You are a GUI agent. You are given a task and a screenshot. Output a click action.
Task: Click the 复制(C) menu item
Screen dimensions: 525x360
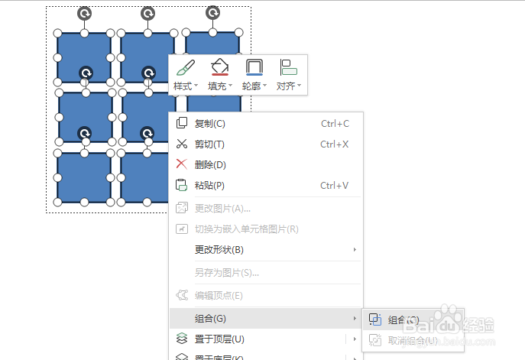point(209,124)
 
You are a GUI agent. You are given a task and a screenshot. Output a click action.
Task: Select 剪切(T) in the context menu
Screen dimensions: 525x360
point(209,144)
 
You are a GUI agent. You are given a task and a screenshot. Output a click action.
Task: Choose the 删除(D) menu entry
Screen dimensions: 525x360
point(210,164)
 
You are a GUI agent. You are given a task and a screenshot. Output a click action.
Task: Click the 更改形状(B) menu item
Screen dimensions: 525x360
point(219,250)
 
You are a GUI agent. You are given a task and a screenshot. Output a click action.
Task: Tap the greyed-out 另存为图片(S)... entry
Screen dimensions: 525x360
point(227,272)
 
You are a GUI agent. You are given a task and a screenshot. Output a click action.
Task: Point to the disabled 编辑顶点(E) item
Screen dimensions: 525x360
point(219,295)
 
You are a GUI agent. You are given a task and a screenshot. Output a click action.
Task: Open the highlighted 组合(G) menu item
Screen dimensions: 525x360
point(211,318)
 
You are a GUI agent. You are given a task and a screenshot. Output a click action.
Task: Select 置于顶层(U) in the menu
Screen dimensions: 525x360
point(219,339)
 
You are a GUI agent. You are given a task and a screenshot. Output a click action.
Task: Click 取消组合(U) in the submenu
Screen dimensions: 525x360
point(413,340)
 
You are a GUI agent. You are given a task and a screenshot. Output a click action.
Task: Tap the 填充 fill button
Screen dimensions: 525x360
point(220,75)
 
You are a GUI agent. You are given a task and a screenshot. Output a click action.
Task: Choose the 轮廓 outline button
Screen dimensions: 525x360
point(254,75)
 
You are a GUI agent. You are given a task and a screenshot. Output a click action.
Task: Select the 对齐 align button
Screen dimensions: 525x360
point(289,75)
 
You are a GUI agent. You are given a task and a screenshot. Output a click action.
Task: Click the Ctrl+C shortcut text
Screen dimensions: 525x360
point(335,124)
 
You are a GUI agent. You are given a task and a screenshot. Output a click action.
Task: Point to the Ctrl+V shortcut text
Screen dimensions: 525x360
point(335,185)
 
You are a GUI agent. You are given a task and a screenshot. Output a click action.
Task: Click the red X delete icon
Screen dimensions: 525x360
point(182,164)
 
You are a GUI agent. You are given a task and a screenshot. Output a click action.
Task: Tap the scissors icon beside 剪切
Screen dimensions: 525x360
point(182,144)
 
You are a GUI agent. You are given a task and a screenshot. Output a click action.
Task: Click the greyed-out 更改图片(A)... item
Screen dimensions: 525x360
point(222,208)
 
